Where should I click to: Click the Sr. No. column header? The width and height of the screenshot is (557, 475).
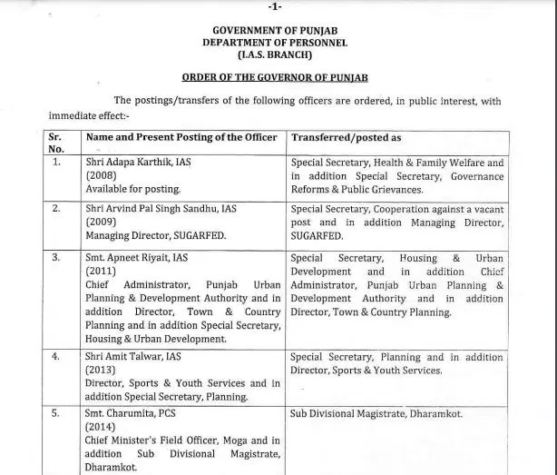(x=56, y=143)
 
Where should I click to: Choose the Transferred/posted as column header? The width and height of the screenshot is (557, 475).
(x=346, y=137)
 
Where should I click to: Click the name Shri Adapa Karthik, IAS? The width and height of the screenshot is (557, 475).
(x=136, y=162)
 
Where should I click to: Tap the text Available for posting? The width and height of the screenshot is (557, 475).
(x=133, y=189)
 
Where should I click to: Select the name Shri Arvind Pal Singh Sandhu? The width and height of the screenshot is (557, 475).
(x=156, y=209)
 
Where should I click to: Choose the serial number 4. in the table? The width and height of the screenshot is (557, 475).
(x=56, y=358)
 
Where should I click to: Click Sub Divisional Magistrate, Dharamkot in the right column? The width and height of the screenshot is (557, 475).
(x=376, y=413)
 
